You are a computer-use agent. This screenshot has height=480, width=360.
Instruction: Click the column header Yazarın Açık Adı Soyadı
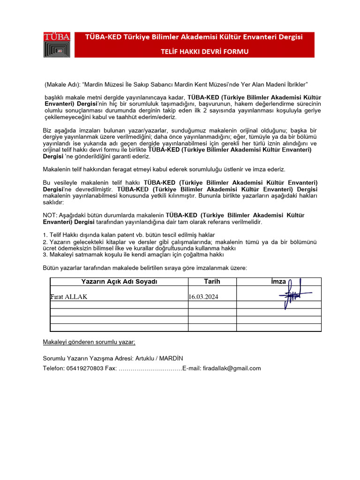click(x=119, y=282)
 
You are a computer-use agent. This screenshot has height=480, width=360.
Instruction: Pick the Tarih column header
click(x=212, y=282)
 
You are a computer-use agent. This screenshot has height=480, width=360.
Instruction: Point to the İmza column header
click(x=278, y=282)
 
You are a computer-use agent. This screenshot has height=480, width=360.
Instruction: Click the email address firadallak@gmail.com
click(x=232, y=368)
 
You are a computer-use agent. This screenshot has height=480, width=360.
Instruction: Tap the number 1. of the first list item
click(x=45, y=234)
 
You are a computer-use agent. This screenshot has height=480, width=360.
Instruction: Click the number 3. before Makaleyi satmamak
click(x=45, y=255)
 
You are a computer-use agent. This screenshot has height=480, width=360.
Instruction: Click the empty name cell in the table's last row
click(x=119, y=328)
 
